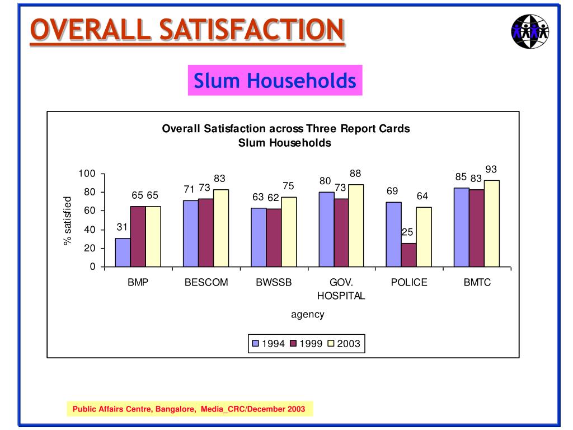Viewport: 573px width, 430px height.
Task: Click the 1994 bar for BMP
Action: click(123, 253)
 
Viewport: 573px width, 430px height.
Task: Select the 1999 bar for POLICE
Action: click(408, 255)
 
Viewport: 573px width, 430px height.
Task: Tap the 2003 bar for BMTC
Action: click(491, 223)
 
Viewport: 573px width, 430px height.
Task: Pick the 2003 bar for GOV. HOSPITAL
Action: click(356, 226)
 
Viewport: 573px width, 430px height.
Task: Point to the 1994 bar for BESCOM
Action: click(191, 233)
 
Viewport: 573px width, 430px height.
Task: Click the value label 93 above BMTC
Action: click(491, 169)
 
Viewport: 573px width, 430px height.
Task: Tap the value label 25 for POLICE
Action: click(407, 232)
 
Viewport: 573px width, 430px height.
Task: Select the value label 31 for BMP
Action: click(123, 227)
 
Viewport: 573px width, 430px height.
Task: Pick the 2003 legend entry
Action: click(344, 343)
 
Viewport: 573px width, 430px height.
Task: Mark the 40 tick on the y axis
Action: click(90, 230)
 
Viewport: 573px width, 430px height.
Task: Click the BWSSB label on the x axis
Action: click(274, 283)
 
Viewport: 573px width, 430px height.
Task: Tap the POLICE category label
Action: click(409, 283)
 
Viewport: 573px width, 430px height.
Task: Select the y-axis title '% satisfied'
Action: click(68, 221)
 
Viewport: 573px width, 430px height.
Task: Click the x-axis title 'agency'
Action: click(307, 315)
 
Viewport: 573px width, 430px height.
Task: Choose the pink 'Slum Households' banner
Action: click(275, 81)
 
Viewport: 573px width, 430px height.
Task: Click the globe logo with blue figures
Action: click(530, 30)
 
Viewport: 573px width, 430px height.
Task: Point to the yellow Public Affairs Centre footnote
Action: click(189, 409)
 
